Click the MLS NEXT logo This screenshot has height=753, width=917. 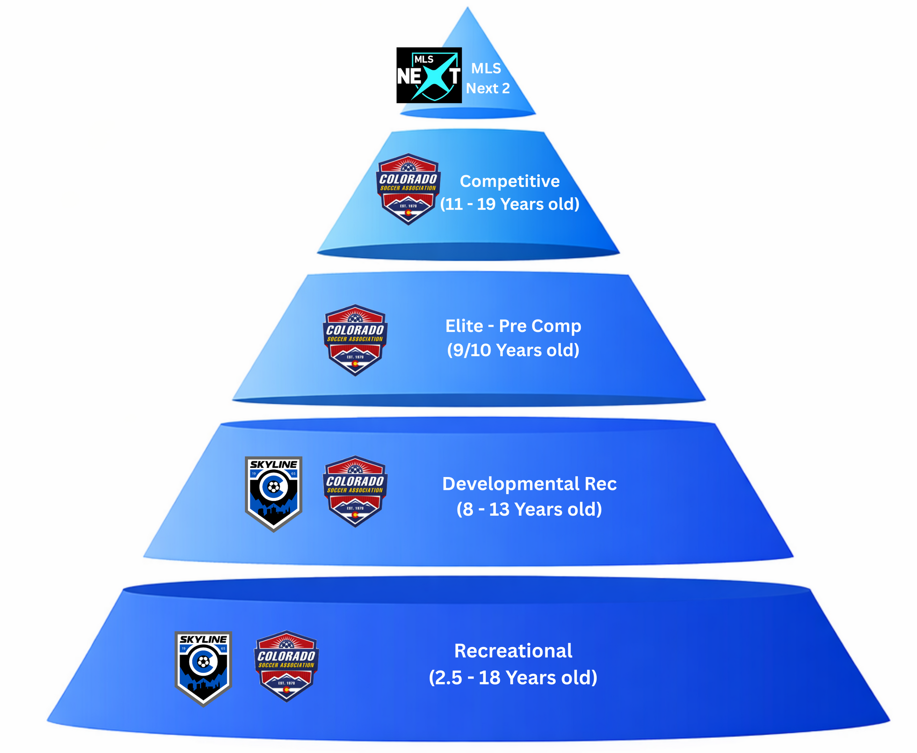(x=429, y=75)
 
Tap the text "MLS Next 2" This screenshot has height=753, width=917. (x=488, y=78)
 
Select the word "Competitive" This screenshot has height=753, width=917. (x=510, y=181)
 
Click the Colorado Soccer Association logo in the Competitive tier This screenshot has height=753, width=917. (x=408, y=189)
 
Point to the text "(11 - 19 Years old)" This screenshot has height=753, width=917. (x=510, y=204)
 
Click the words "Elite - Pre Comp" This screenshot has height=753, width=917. (x=513, y=326)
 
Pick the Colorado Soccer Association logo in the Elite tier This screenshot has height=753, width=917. (x=355, y=340)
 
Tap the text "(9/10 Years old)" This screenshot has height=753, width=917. (x=513, y=350)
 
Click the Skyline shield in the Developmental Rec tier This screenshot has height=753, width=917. (x=273, y=493)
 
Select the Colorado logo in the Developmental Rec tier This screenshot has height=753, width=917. (x=355, y=491)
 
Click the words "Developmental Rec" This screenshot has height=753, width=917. (x=529, y=484)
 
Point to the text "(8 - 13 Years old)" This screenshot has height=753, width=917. (x=529, y=509)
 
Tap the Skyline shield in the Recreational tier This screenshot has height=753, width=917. (x=203, y=668)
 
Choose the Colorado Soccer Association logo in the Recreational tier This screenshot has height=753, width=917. (x=286, y=666)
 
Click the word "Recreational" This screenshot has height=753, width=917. (x=513, y=651)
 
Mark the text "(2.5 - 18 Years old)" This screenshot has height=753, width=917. (x=513, y=678)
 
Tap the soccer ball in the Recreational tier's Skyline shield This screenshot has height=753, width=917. (x=203, y=662)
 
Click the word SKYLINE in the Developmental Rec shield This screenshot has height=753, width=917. (x=273, y=465)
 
